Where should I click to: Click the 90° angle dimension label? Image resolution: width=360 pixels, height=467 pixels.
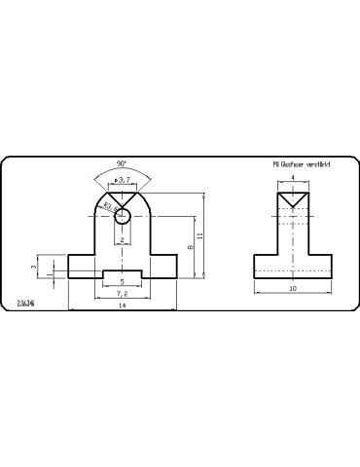(121, 163)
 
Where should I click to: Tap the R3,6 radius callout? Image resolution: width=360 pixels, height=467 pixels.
(108, 207)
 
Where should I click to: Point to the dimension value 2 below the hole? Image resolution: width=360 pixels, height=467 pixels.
(122, 239)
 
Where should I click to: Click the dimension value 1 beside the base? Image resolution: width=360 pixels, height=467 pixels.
(49, 274)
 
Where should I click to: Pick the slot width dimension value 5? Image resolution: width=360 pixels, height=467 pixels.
(122, 284)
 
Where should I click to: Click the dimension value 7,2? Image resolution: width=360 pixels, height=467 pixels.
(122, 294)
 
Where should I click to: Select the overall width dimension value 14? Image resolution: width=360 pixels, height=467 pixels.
(122, 306)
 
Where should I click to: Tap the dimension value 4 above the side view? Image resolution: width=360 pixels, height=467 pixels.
(293, 179)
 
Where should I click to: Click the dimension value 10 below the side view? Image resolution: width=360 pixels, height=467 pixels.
(293, 290)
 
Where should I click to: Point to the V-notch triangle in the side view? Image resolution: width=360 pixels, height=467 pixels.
(293, 198)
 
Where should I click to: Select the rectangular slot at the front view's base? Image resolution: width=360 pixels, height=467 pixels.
(122, 274)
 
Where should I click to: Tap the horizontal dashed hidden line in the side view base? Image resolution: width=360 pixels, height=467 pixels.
(293, 271)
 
